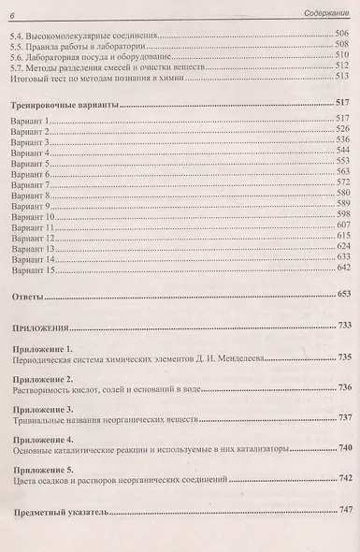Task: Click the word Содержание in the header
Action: point(321,9)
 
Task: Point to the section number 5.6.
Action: point(14,56)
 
